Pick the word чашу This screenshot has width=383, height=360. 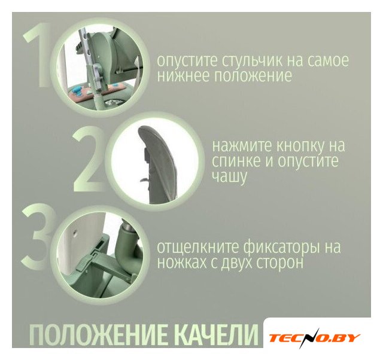click(x=229, y=176)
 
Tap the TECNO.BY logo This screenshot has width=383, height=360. click(x=314, y=338)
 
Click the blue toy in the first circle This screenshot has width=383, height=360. click(x=78, y=92)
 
